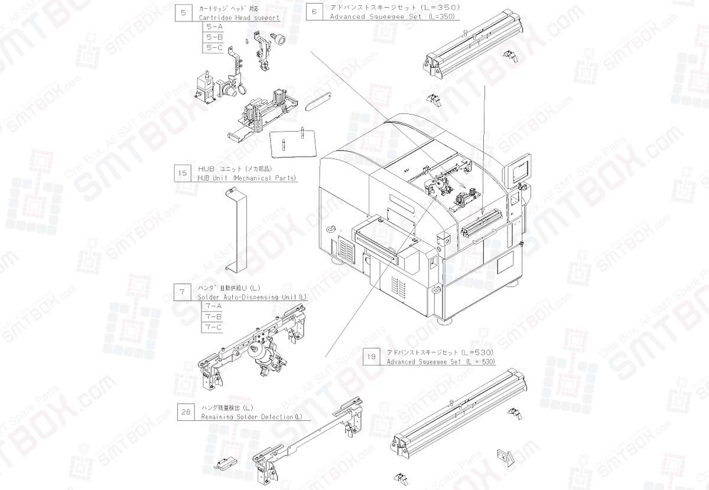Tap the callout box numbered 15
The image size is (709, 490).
tap(183, 174)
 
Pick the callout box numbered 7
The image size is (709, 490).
tap(183, 292)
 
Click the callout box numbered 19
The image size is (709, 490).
tap(371, 357)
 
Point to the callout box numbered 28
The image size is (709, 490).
tap(186, 412)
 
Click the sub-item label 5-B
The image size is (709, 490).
tap(212, 37)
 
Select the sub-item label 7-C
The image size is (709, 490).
tap(212, 326)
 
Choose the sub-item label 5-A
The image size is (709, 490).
tap(212, 27)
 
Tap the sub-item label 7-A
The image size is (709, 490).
tap(212, 306)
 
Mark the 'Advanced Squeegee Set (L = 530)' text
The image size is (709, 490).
tap(441, 361)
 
